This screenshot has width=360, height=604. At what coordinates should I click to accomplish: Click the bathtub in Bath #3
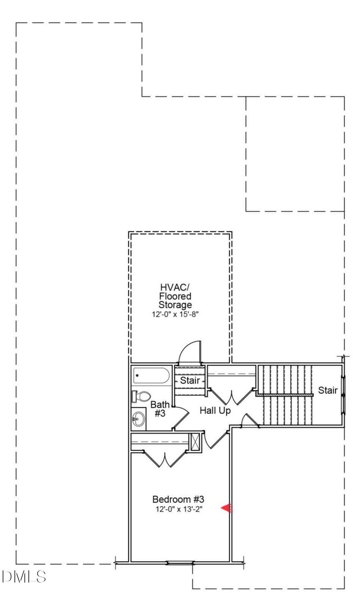(x=152, y=375)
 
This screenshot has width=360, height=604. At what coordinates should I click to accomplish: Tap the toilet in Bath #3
(x=141, y=396)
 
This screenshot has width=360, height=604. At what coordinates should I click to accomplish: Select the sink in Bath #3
(x=139, y=419)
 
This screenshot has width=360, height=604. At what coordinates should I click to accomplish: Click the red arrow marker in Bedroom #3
(x=227, y=508)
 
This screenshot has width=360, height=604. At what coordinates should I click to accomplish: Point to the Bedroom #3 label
(x=178, y=499)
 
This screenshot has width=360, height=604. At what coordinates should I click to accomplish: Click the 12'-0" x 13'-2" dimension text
(x=179, y=510)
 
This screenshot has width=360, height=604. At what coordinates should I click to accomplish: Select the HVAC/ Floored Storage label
(x=175, y=295)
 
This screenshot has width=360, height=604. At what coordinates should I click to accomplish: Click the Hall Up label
(x=215, y=411)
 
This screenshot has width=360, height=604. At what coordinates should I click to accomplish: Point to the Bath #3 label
(x=160, y=409)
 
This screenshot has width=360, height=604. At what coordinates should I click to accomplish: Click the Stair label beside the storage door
(x=190, y=380)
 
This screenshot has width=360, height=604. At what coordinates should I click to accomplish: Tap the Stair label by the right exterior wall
(x=328, y=390)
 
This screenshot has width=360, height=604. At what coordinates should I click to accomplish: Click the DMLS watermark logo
(x=24, y=577)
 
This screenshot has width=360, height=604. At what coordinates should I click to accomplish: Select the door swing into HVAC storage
(x=190, y=352)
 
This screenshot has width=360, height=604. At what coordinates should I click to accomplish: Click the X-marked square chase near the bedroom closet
(x=194, y=442)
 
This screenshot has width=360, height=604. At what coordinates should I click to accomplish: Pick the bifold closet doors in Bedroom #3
(x=165, y=458)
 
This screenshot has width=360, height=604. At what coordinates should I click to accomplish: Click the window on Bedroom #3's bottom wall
(x=180, y=563)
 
